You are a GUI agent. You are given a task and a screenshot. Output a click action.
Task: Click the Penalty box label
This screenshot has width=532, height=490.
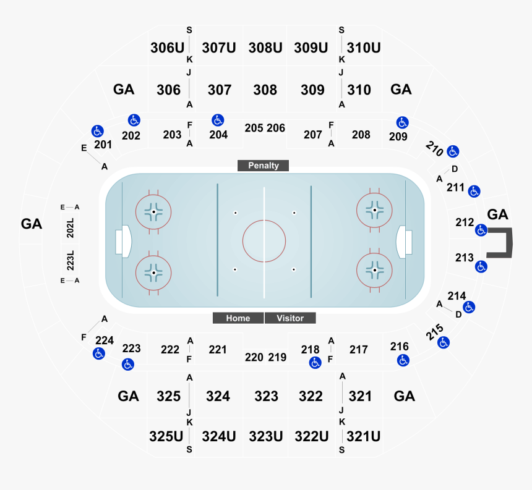264,166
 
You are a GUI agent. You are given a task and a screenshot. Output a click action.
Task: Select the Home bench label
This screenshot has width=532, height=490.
238,318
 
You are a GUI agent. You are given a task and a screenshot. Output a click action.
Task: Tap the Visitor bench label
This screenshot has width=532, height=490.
290,318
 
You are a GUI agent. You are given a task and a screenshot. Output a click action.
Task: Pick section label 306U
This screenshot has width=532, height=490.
167,48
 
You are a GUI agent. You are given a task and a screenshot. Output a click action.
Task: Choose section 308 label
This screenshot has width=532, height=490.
265,90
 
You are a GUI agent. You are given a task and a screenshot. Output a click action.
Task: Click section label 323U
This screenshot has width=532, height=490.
266,436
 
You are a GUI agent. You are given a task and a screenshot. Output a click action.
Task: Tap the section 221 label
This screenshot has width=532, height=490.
218,350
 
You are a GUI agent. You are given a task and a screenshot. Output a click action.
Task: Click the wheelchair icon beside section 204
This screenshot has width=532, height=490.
217,120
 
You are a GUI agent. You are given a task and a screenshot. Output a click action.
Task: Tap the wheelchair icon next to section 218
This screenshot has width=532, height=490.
315,362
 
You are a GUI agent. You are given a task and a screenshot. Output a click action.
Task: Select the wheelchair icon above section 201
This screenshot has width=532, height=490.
97,131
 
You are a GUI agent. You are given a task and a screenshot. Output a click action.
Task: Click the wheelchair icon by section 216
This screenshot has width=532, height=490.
403,360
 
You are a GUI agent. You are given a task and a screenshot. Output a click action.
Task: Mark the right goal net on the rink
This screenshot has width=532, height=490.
405,240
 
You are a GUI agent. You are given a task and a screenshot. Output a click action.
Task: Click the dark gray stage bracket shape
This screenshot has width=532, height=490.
502,242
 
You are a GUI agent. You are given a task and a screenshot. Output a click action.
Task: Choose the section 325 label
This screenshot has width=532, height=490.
168,396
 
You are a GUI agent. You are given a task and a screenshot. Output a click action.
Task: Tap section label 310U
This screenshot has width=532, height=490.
363,48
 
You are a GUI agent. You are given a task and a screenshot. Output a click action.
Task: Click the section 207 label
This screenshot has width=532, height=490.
313,135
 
